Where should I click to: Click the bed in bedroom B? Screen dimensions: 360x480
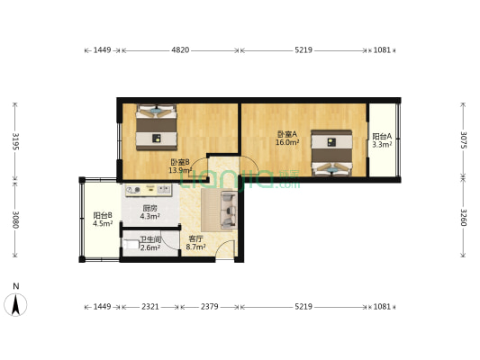[158, 129]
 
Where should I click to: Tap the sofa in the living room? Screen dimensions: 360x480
[224, 207]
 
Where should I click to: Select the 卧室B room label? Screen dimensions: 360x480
[180, 162]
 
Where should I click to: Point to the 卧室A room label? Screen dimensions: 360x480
[286, 134]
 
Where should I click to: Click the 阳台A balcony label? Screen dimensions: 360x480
[381, 137]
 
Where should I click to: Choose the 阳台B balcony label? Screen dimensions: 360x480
[102, 215]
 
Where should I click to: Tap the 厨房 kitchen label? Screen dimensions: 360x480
[150, 209]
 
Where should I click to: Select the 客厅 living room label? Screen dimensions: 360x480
[195, 238]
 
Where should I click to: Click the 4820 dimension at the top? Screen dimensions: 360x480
[180, 50]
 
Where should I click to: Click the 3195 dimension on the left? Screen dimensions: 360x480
[14, 140]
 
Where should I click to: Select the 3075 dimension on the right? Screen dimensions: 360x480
[464, 140]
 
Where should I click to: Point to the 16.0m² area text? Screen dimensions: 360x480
[286, 142]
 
